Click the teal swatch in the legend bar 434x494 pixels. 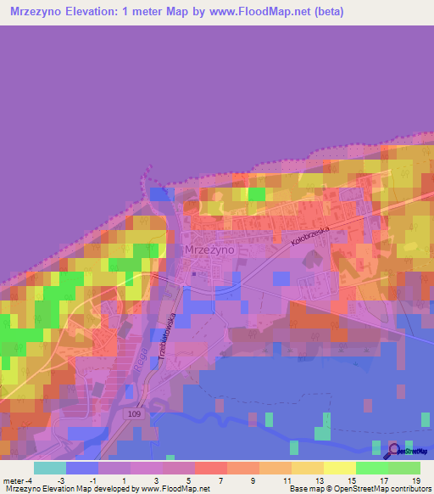[49, 468]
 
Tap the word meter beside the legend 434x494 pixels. [15, 480]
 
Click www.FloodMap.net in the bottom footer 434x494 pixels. [163, 489]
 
